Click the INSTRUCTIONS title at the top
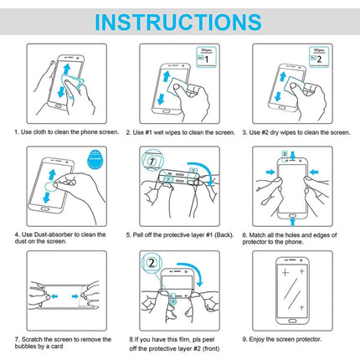click(180, 19)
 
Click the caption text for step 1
click(60, 132)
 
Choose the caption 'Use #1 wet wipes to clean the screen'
click(179, 132)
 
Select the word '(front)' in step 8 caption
click(213, 348)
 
